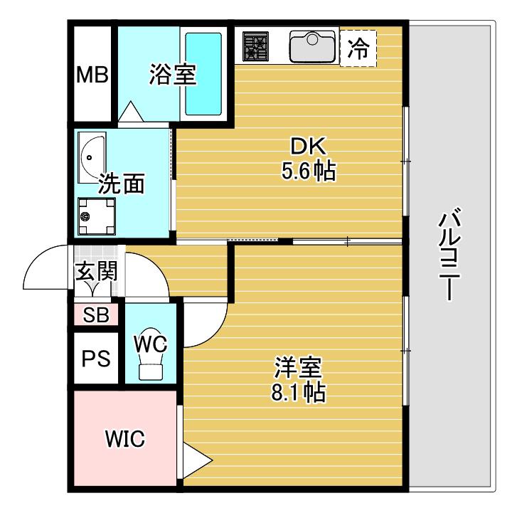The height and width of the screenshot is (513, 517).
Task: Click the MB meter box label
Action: (x=92, y=75)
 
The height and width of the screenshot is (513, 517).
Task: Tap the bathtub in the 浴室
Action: (x=203, y=73)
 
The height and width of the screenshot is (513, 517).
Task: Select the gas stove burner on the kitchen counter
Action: (x=255, y=46)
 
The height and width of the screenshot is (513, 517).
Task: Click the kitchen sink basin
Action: (x=312, y=46)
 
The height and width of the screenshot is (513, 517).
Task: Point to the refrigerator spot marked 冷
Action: (x=358, y=48)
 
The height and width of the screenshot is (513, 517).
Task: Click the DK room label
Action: (x=309, y=146)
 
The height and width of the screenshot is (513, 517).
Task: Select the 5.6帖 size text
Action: (x=309, y=171)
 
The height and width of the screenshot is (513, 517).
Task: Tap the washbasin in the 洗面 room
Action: (x=92, y=158)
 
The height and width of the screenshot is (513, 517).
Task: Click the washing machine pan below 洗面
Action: (x=96, y=216)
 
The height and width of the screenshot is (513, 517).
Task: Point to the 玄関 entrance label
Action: (x=96, y=272)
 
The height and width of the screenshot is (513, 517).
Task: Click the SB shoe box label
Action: (x=96, y=314)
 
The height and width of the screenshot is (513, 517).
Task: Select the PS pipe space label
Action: (x=96, y=359)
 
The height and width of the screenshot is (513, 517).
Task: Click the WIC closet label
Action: (x=125, y=439)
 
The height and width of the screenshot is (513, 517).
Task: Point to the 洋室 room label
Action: (x=298, y=367)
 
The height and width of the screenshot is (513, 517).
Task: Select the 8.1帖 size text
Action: (x=298, y=392)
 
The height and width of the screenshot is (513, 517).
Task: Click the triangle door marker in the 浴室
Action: (x=131, y=111)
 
